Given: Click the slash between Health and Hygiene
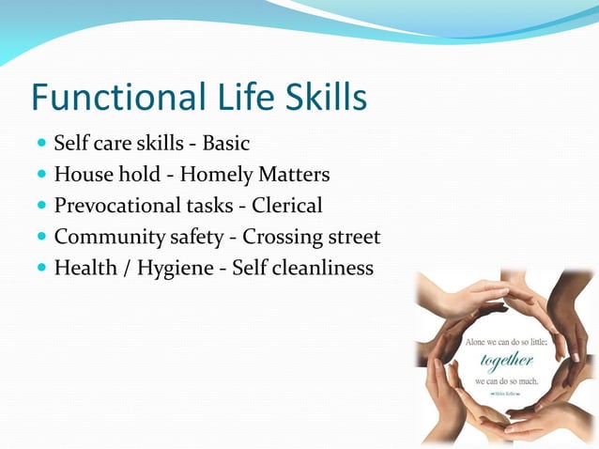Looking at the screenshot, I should click(120, 269).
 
